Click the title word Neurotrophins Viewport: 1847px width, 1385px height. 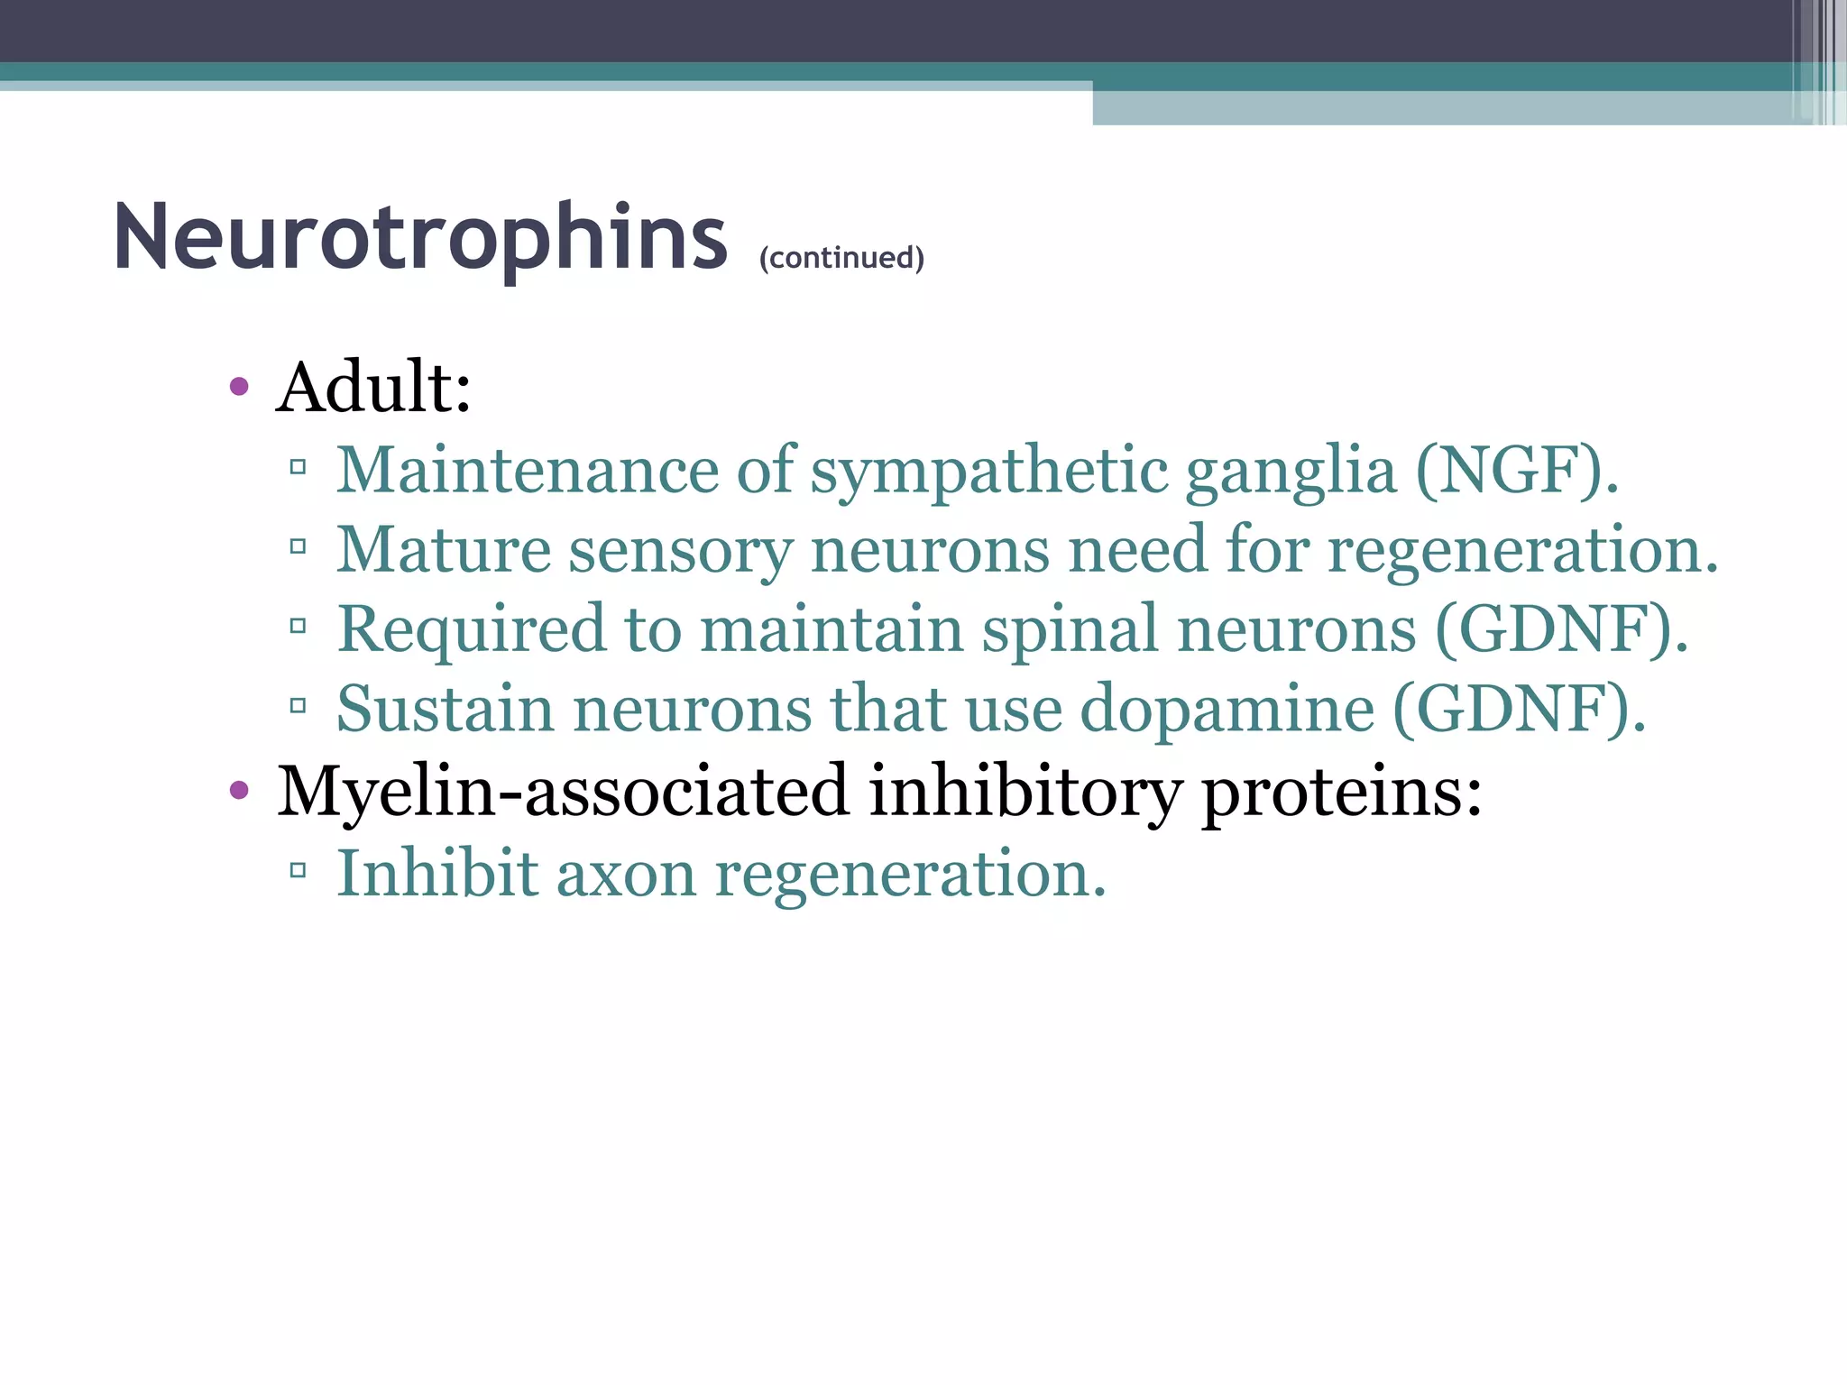pos(419,236)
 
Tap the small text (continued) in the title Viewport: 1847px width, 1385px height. pos(841,258)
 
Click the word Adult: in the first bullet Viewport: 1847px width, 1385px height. pos(373,388)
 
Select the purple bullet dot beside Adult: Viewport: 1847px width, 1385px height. pos(239,388)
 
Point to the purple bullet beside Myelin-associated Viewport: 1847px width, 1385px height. pos(239,792)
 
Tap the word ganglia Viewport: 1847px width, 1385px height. pos(1290,471)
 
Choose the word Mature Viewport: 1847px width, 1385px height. pos(443,550)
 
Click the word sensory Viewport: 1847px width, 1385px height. pos(681,550)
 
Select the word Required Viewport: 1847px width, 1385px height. pos(471,629)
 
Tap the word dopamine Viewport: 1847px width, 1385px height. pos(1227,710)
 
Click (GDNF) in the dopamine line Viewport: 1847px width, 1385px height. pos(1519,710)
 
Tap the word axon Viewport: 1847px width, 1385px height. pos(626,874)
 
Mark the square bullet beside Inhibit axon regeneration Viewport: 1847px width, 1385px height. pos(299,871)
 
